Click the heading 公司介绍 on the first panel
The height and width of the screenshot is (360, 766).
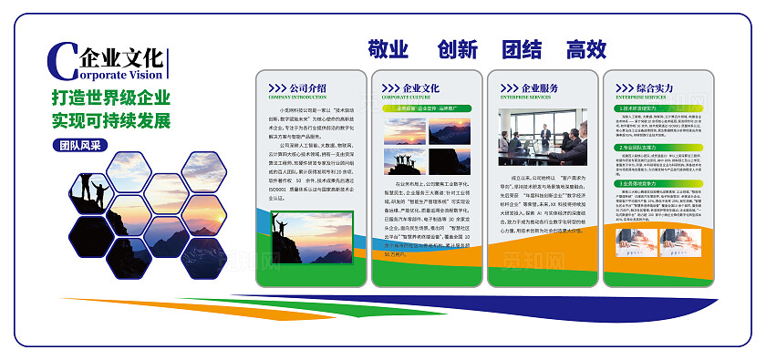tap(305, 87)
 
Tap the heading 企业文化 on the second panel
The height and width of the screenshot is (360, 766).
tap(421, 87)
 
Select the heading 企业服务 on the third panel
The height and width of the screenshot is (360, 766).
tap(539, 87)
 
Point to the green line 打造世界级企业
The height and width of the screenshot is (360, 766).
tap(111, 98)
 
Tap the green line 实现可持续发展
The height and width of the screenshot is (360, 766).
tap(111, 119)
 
